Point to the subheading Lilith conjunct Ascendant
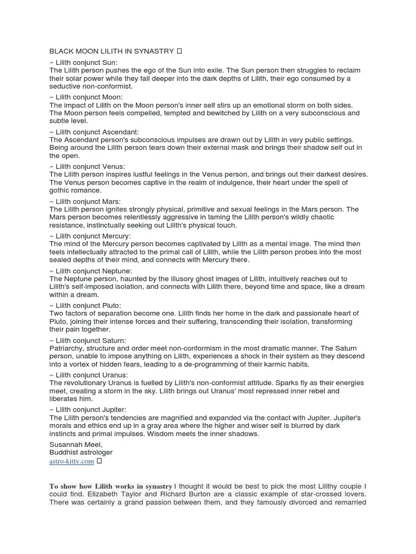(94, 131)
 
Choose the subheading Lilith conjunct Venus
(87, 166)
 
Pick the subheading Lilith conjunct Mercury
(90, 236)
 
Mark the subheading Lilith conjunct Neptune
(91, 271)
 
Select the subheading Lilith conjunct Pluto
(86, 305)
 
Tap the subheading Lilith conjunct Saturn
(88, 340)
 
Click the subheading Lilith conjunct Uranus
(89, 375)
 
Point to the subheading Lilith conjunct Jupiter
(89, 410)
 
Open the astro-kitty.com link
(72, 461)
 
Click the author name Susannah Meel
(74, 444)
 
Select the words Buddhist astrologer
(81, 452)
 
